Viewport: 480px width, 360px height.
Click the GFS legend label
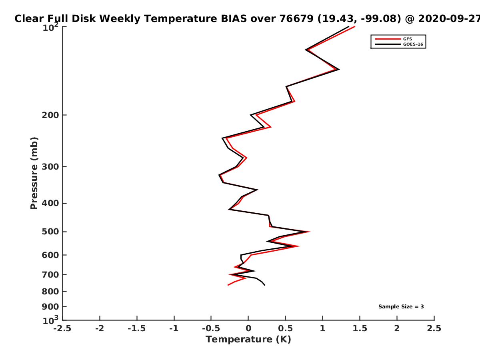pyautogui.click(x=407, y=39)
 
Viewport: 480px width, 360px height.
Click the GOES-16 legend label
pyautogui.click(x=413, y=44)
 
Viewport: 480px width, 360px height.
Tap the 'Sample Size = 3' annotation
pyautogui.click(x=401, y=307)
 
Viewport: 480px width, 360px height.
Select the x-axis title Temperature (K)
pyautogui.click(x=248, y=340)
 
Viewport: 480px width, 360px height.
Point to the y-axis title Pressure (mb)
pyautogui.click(x=34, y=173)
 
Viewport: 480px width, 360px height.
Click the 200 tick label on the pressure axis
pyautogui.click(x=50, y=115)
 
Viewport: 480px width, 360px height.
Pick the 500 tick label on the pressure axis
pyautogui.click(x=50, y=232)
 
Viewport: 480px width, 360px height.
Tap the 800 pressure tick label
pyautogui.click(x=50, y=292)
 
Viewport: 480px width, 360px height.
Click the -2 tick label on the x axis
pyautogui.click(x=100, y=328)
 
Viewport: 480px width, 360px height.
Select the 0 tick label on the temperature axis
pyautogui.click(x=248, y=328)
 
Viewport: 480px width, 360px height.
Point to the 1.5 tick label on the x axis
pyautogui.click(x=360, y=328)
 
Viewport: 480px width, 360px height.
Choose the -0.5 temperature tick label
pyautogui.click(x=211, y=328)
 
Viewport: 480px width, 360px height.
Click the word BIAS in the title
pyautogui.click(x=234, y=19)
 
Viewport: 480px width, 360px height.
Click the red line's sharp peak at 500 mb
pyautogui.click(x=310, y=232)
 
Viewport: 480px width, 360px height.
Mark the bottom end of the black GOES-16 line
pyautogui.click(x=265, y=285)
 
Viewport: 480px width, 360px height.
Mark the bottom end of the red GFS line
pyautogui.click(x=228, y=285)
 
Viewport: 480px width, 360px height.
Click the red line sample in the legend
pyautogui.click(x=388, y=39)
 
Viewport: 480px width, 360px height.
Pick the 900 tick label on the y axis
pyautogui.click(x=50, y=307)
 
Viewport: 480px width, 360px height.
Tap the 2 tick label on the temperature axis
pyautogui.click(x=397, y=328)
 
